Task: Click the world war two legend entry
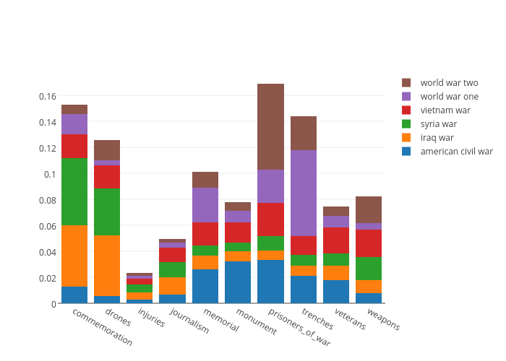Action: coord(449,83)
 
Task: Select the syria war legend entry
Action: coord(438,124)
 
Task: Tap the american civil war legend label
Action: coord(456,152)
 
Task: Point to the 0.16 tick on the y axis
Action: coord(48,96)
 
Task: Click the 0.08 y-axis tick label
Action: coord(48,200)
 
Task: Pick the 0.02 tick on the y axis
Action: coord(48,278)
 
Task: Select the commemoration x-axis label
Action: coord(103,326)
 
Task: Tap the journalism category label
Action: coord(189,321)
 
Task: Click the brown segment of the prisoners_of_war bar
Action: coord(270,126)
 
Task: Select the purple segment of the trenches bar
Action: coord(304,193)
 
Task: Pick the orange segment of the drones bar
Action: coord(107,265)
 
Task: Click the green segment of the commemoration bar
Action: coord(74,191)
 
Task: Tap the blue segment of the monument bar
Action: coord(238,282)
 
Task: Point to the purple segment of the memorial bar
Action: coord(205,205)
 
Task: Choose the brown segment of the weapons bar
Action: coord(369,209)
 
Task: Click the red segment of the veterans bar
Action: coord(336,240)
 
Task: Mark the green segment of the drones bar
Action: coord(107,212)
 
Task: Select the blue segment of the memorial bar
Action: coord(205,286)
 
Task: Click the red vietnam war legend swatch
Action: coord(406,110)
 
